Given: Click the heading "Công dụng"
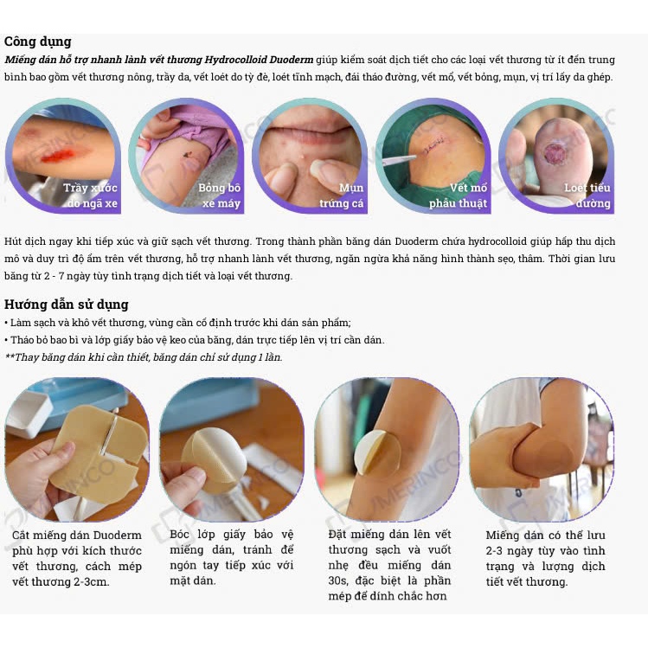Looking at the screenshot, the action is tap(37, 42).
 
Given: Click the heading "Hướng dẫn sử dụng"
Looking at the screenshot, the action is tap(66, 305).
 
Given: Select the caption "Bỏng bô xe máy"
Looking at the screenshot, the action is tap(219, 196).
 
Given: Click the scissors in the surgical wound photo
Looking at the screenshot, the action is tap(399, 159).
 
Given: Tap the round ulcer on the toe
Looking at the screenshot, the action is tap(555, 153).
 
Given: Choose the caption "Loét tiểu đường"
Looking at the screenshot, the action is tap(587, 196).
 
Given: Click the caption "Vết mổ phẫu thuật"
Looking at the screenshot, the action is tap(458, 196).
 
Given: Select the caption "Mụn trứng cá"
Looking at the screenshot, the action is tap(342, 196).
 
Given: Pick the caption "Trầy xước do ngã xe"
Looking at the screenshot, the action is tap(91, 196).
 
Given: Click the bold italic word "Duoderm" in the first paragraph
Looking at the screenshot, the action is tap(291, 60).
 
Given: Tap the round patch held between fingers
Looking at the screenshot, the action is tap(214, 459).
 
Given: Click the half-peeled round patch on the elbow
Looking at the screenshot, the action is tap(377, 453).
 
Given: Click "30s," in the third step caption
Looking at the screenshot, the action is tap(338, 581).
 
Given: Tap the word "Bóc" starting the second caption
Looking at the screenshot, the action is tap(179, 535).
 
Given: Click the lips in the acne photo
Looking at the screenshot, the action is tap(310, 127).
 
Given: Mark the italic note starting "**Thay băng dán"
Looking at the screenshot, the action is tap(144, 357).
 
